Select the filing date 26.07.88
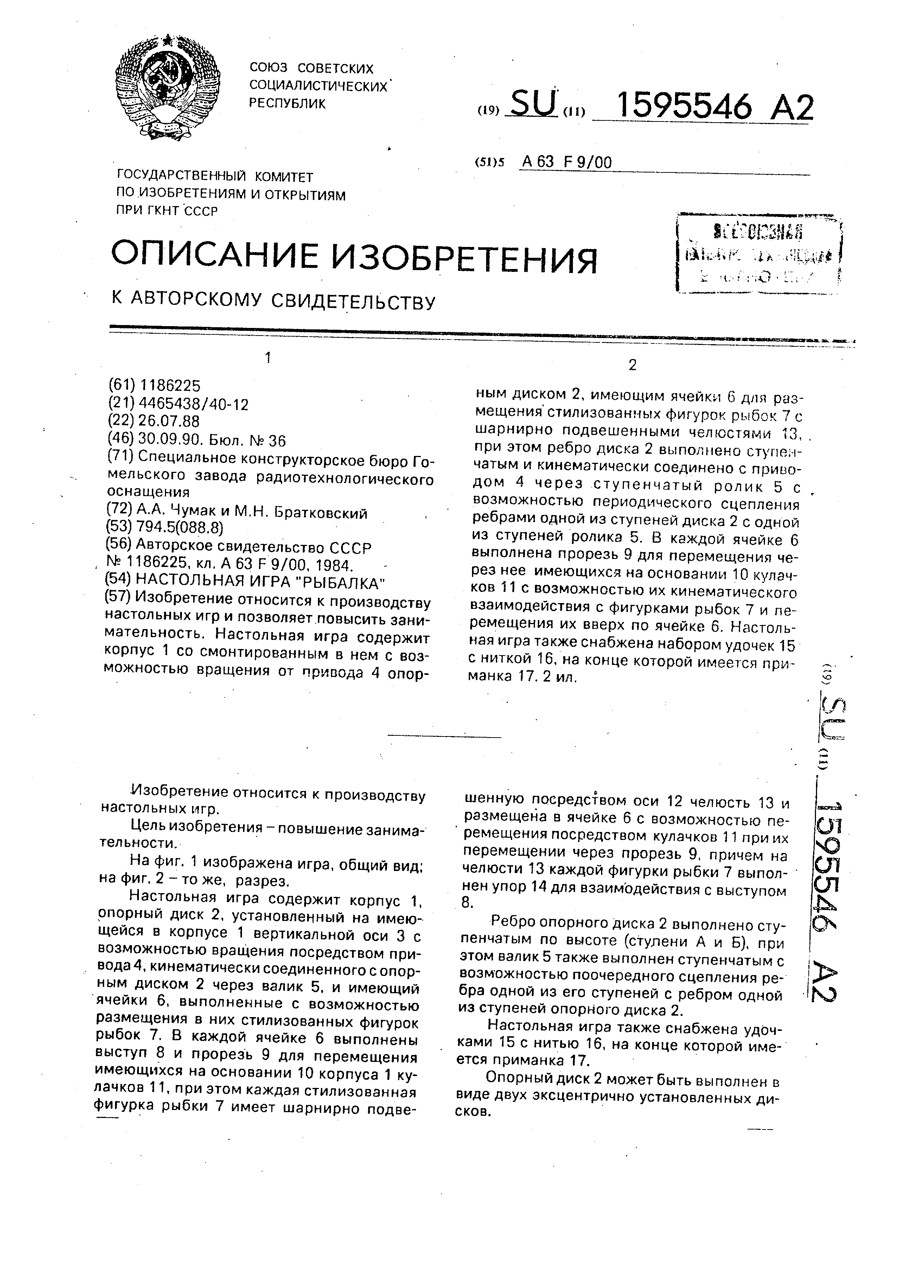click(169, 421)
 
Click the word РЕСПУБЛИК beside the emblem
click(287, 103)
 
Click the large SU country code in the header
click(533, 104)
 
